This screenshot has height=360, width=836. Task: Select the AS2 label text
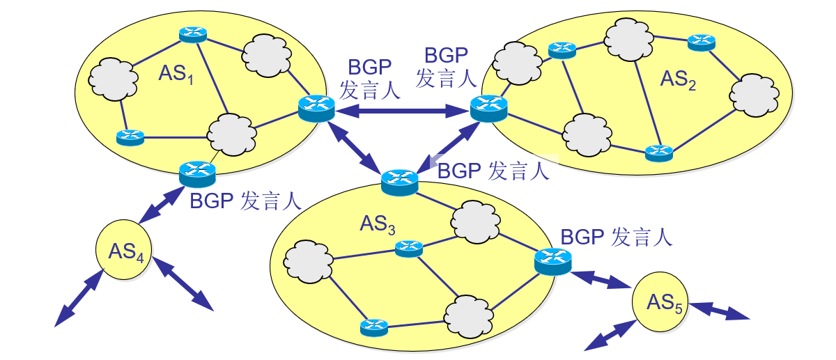(677, 81)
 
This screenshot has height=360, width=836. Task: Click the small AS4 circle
(125, 250)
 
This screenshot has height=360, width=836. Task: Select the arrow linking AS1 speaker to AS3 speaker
(359, 148)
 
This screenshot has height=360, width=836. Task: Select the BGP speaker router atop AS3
(400, 182)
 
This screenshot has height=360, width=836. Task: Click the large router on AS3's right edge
(553, 260)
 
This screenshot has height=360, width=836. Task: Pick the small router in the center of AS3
(408, 248)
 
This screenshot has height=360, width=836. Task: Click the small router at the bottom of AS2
(658, 152)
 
